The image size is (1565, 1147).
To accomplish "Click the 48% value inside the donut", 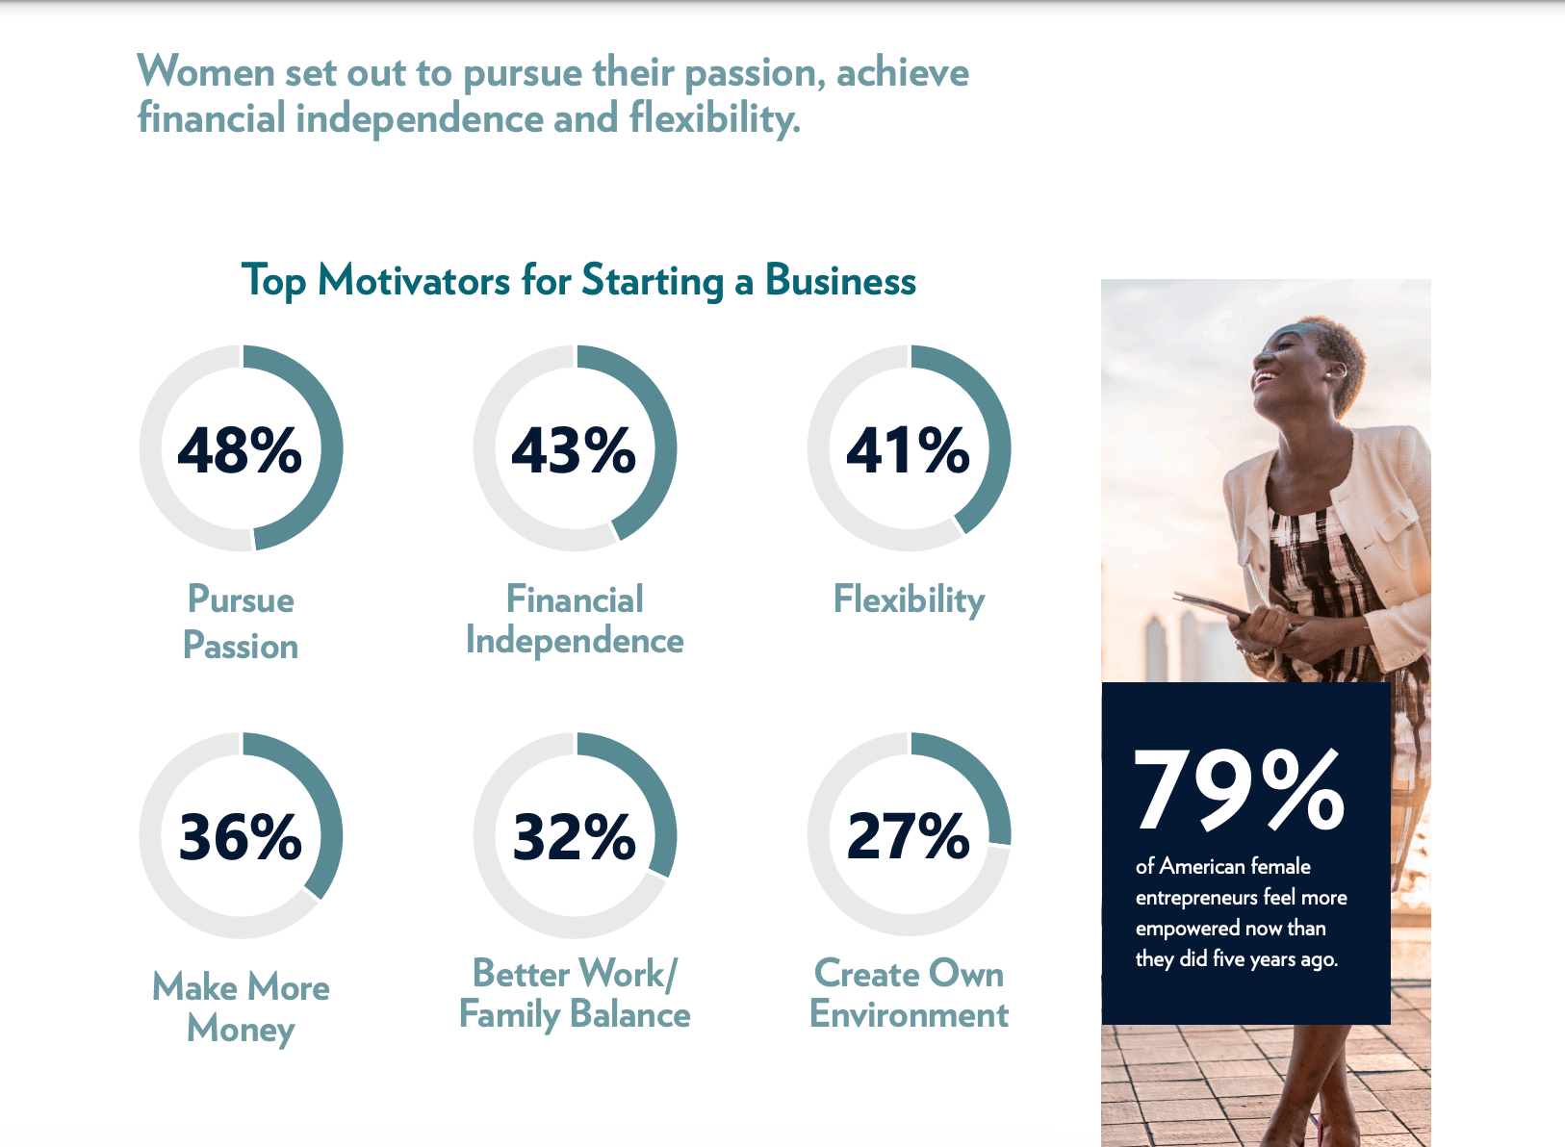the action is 240,450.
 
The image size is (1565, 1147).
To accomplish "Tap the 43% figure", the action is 574,450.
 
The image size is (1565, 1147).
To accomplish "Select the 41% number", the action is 908,450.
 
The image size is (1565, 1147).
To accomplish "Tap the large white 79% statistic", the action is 1239,789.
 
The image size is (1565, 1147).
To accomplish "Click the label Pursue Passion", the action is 241,622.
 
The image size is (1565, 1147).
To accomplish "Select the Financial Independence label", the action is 575,620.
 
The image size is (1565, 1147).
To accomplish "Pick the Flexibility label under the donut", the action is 909,600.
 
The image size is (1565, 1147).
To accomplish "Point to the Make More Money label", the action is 241,1008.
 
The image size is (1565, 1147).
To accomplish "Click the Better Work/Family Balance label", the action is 575,995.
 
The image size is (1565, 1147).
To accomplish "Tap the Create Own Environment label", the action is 909,993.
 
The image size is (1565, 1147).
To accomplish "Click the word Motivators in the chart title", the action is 415,281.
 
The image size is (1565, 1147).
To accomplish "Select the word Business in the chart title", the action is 840,281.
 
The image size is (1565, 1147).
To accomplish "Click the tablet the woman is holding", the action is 1216,605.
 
